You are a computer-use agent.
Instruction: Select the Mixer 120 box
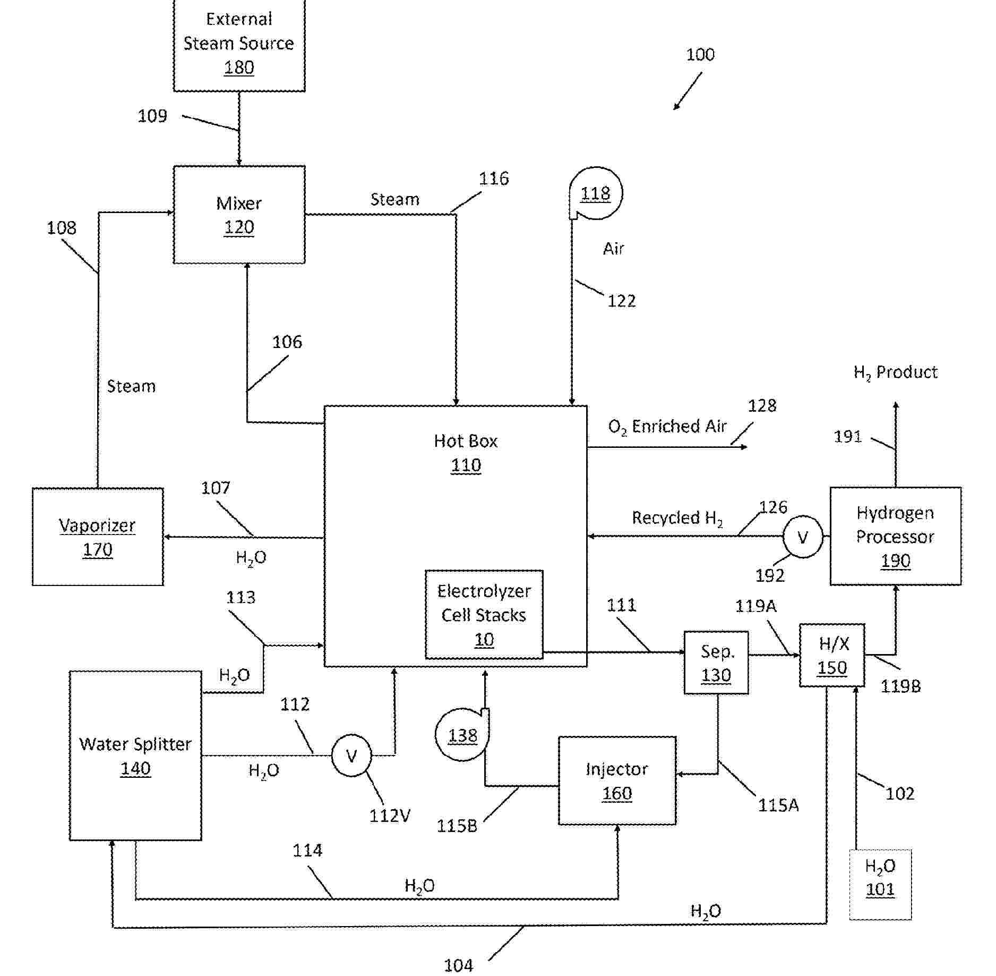[239, 215]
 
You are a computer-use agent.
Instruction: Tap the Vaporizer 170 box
[98, 537]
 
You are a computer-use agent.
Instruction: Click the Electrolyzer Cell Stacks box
[484, 615]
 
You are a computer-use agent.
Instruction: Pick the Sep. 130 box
[716, 663]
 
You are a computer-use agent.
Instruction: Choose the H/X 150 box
[832, 655]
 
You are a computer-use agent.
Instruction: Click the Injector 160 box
[617, 780]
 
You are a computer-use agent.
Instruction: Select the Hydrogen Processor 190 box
[895, 536]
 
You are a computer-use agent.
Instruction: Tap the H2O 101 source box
[880, 885]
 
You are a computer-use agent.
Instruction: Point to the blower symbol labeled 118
[595, 193]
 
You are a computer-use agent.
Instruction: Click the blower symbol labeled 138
[462, 735]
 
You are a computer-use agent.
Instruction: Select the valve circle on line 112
[351, 756]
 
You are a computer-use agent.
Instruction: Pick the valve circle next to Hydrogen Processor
[803, 537]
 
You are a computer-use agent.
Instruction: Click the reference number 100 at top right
[700, 54]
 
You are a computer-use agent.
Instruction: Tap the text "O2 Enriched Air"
[667, 427]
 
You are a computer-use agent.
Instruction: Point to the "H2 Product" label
[895, 372]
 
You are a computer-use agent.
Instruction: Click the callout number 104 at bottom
[458, 965]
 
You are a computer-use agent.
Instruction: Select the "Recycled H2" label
[677, 518]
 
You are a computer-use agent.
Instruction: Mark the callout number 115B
[457, 826]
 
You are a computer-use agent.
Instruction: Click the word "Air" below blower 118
[613, 248]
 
